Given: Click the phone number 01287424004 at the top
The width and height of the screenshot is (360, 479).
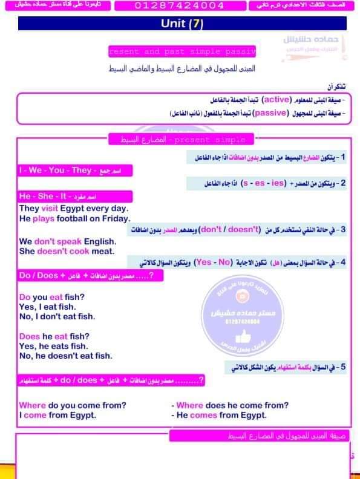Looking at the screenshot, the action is tap(178, 6).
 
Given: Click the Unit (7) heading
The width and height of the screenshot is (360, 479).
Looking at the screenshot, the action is tap(182, 24).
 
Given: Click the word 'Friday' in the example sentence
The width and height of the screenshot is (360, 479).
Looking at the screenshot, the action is tap(116, 218).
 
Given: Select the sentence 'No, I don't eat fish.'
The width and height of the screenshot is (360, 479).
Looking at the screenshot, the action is tap(57, 316).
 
